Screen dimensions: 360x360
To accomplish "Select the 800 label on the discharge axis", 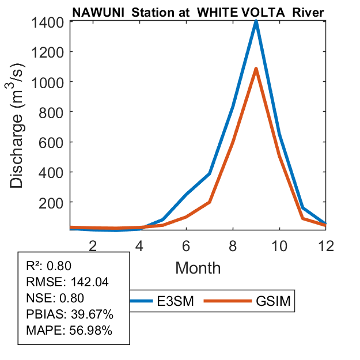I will click(x=52, y=112).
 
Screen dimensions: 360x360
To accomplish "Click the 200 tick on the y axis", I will click(x=52, y=202).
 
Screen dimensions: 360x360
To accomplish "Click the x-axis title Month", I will click(x=198, y=267).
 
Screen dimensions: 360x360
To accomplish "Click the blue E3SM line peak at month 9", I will click(x=256, y=21).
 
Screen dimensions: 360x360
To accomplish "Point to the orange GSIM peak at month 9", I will click(x=256, y=69).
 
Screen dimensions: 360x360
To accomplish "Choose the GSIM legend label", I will click(x=272, y=301).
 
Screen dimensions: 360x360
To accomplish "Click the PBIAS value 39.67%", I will click(x=92, y=314).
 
